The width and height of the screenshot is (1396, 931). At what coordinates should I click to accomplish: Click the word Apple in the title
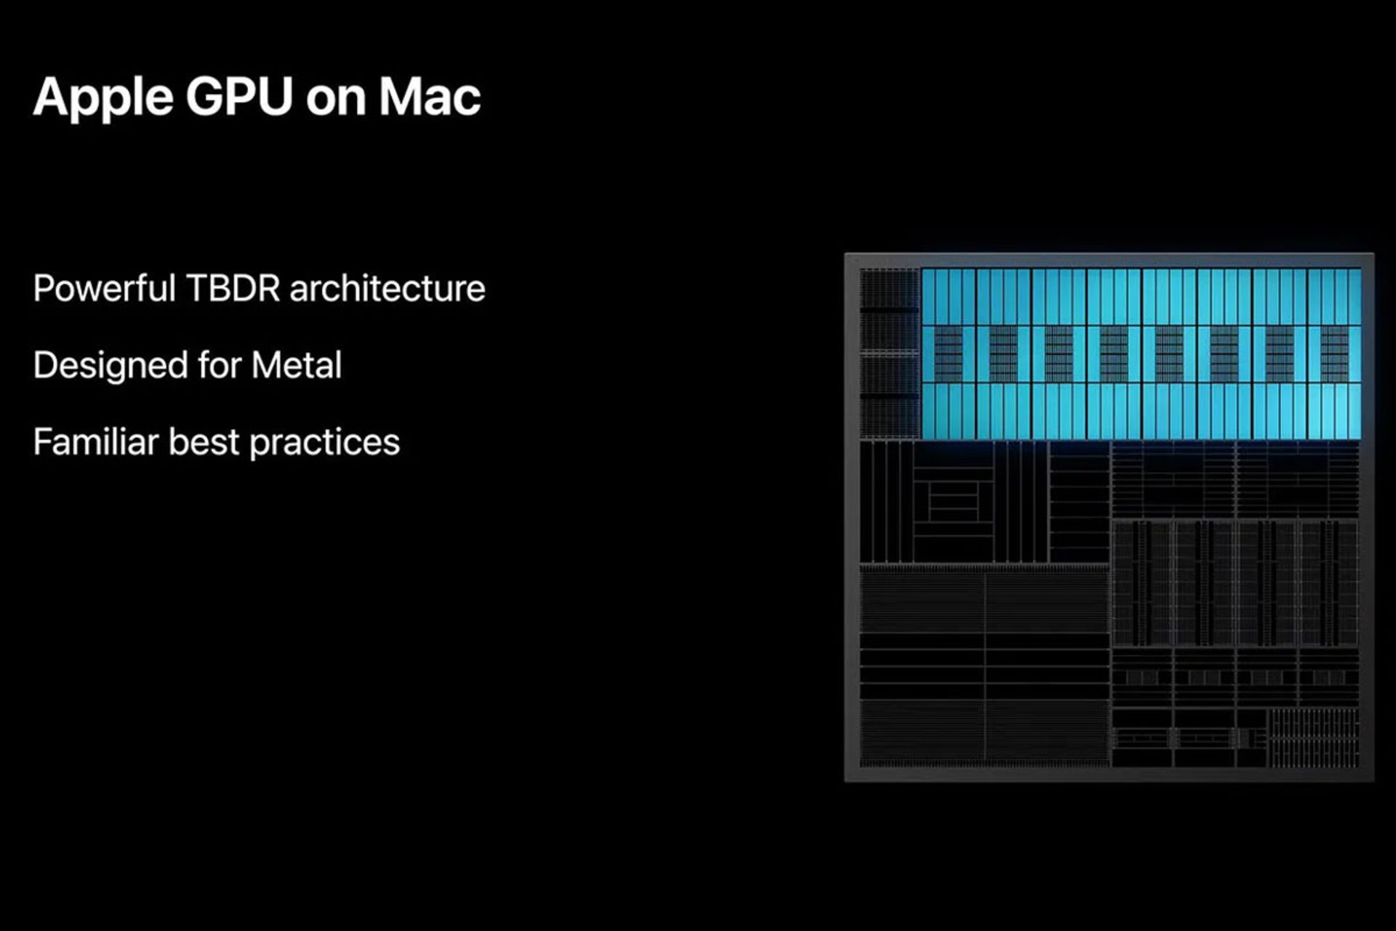[x=103, y=98]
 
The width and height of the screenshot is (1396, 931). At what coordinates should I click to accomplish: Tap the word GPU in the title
[x=239, y=96]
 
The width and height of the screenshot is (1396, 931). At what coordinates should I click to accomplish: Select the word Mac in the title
[x=430, y=96]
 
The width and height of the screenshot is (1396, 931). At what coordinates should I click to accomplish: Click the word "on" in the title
[x=335, y=102]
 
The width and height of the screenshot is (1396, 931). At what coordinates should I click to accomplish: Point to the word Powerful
[x=104, y=288]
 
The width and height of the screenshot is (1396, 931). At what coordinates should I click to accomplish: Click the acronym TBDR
[x=233, y=288]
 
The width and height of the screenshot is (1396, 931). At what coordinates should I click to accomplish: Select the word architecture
[x=388, y=289]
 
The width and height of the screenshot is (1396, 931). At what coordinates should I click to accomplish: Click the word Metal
[x=297, y=365]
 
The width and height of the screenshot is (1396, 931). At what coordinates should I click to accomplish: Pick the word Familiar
[x=95, y=441]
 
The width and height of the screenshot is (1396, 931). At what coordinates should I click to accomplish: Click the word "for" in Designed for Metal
[x=220, y=365]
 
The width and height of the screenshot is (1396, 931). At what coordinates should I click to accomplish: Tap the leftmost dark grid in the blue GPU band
[x=948, y=353]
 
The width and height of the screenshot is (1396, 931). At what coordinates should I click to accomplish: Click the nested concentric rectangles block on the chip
[x=953, y=502]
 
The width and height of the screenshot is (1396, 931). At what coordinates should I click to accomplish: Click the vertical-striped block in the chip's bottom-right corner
[x=1313, y=738]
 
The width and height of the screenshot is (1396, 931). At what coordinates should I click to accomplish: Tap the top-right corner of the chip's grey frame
[x=1373, y=254]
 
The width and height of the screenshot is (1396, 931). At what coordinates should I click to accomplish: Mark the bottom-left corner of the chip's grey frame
[x=846, y=781]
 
